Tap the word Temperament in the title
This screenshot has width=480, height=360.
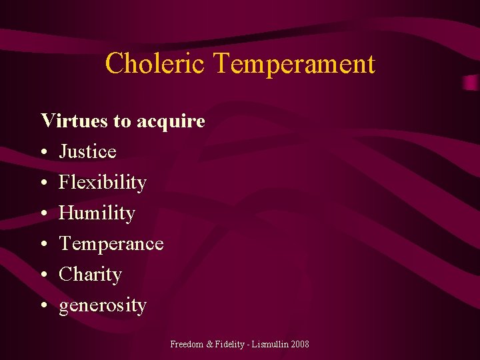[x=294, y=64]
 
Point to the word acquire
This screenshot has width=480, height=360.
[x=171, y=122]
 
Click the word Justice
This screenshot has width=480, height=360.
[x=87, y=152]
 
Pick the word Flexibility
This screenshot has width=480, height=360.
[x=103, y=183]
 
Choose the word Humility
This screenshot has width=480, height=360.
[x=97, y=213]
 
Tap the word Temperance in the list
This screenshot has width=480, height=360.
[x=111, y=244]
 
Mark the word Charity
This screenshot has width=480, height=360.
[x=90, y=275]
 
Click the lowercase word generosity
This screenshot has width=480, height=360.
[x=103, y=306]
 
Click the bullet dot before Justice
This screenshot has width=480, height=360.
[x=43, y=153]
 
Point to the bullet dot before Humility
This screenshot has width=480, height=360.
[x=43, y=214]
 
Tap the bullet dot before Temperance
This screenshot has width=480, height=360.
[x=43, y=245]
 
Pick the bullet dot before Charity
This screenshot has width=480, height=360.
[x=43, y=275]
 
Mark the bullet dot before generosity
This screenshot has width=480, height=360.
[x=43, y=306]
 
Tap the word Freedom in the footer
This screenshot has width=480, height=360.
[x=187, y=344]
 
